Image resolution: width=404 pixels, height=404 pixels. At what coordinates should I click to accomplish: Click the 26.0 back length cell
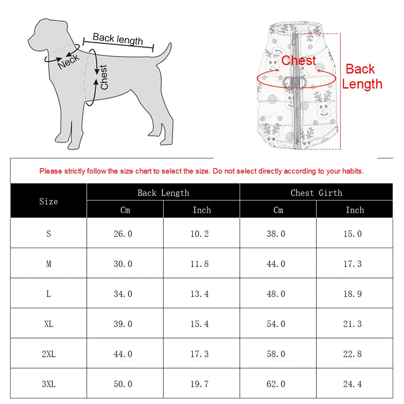[x=123, y=234]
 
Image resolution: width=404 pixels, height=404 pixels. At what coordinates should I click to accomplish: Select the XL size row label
[x=48, y=324]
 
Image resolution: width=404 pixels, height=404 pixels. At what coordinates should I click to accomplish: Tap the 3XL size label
[x=48, y=384]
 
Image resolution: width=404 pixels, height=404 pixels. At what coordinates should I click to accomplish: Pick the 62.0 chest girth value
[x=276, y=384]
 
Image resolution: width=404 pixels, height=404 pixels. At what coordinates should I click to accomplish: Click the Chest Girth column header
[x=316, y=193]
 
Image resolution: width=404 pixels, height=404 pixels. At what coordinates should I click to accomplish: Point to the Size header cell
[x=48, y=201]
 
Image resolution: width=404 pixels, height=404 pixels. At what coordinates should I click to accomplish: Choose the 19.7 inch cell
[x=200, y=384]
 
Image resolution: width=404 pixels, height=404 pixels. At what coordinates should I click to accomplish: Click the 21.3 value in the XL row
[x=352, y=324]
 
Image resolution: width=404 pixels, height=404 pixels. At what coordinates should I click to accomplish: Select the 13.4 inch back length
[x=200, y=294]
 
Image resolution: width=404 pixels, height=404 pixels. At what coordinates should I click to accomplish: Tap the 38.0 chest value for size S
[x=276, y=234]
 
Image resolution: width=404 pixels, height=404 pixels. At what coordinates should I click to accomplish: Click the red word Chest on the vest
[x=299, y=61]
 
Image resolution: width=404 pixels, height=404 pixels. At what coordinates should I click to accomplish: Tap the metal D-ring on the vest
[x=294, y=81]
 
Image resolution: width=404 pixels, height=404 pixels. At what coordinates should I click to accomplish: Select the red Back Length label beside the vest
[x=362, y=76]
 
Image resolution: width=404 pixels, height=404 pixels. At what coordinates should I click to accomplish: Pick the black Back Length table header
[x=163, y=193]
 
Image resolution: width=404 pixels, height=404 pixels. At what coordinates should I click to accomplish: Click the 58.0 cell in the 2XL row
[x=276, y=354]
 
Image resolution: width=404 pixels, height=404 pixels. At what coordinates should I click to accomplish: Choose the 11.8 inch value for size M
[x=200, y=264]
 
